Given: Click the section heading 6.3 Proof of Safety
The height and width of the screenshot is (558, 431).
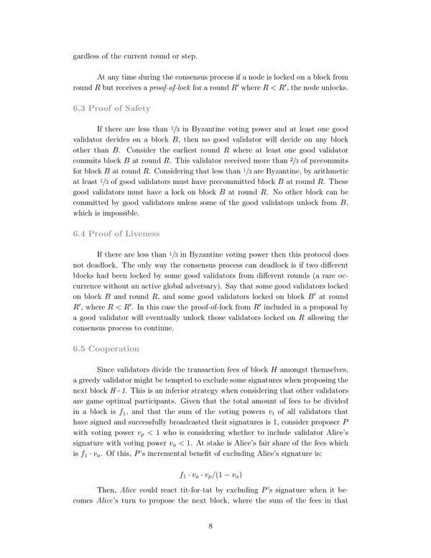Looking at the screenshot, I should point(111,108).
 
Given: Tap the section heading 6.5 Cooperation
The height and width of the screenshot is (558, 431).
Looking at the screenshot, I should point(106,349).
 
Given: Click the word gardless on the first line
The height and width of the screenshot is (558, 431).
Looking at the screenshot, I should point(88,56).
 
